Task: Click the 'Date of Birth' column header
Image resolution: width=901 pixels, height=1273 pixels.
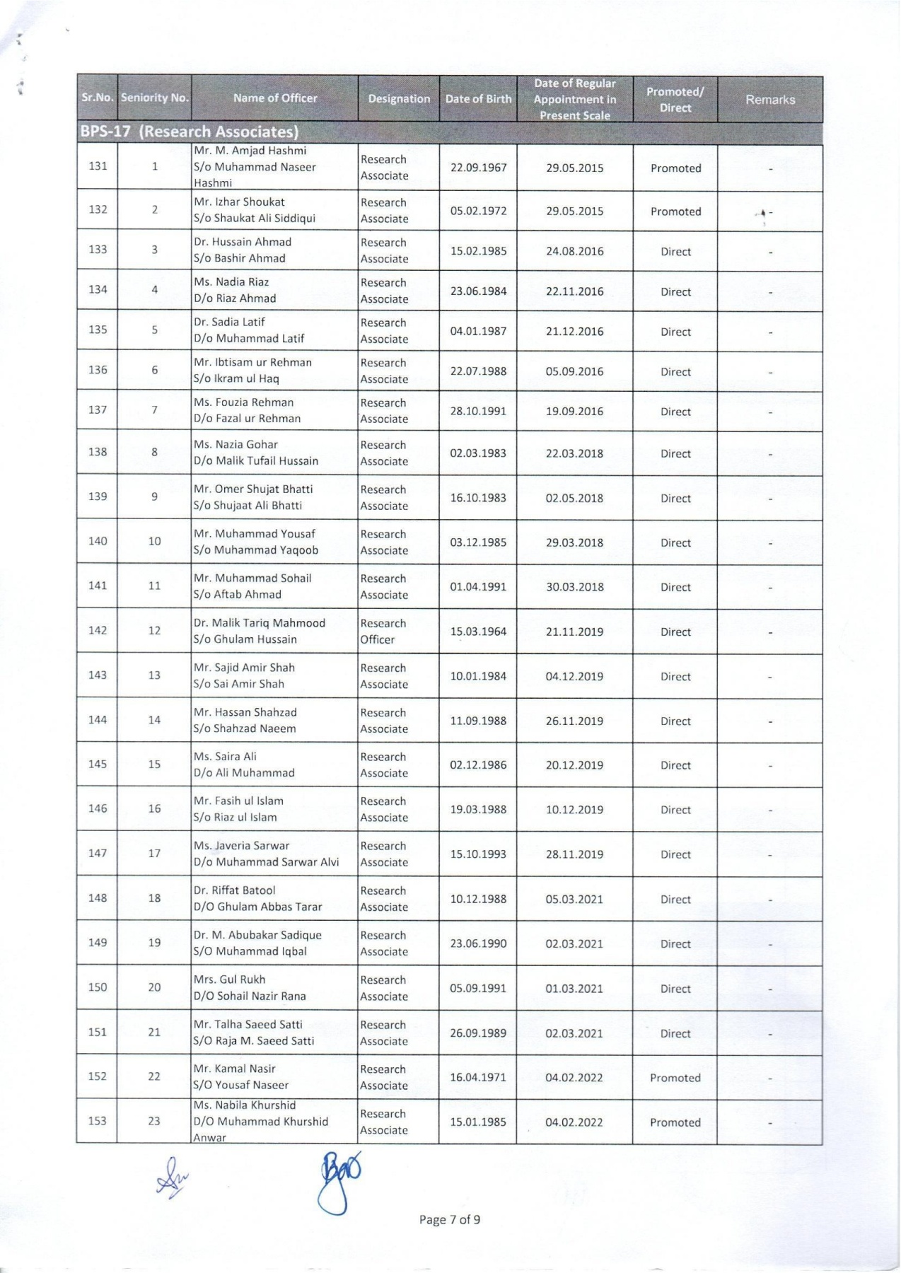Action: point(478,99)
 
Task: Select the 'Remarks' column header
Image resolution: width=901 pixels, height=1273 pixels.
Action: point(769,100)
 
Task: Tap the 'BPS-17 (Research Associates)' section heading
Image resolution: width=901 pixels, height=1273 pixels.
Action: point(190,132)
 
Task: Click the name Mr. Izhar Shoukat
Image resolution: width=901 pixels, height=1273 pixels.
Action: point(239,202)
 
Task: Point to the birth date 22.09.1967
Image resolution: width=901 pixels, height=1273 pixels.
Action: point(478,168)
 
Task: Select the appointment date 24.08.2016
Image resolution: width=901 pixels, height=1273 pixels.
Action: point(574,251)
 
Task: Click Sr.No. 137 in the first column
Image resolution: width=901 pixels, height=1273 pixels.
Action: point(98,410)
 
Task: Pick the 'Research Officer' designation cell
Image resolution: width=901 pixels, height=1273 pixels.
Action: point(383,632)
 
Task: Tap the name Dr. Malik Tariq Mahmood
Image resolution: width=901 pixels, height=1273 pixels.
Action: point(260,623)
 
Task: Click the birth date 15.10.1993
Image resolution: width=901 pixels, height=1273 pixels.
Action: point(478,854)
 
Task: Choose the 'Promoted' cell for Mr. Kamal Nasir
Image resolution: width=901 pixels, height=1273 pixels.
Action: point(675,1078)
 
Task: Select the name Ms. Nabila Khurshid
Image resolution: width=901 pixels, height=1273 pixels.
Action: point(245,1105)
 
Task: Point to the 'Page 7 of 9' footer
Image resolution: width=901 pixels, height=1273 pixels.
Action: point(450,1219)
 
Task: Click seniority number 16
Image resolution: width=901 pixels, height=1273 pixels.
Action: point(154,809)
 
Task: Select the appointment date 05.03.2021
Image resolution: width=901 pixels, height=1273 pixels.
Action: point(574,900)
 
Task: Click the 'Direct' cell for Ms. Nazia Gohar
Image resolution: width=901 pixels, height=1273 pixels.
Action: point(675,454)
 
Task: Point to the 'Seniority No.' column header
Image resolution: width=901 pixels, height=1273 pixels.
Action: point(155,98)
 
